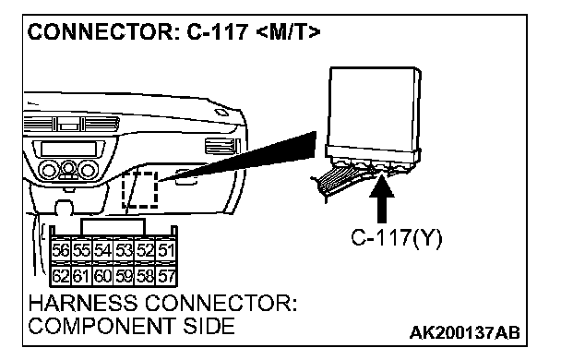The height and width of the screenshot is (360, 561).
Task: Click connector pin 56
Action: pyautogui.click(x=61, y=250)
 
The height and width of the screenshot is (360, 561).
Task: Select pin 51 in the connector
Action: pyautogui.click(x=166, y=250)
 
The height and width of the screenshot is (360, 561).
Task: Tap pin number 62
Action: pyautogui.click(x=61, y=276)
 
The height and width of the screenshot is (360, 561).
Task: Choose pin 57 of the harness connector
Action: pyautogui.click(x=166, y=276)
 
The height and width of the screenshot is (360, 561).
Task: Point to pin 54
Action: pyautogui.click(x=103, y=250)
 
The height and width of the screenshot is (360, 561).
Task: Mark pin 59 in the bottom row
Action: pyautogui.click(x=125, y=276)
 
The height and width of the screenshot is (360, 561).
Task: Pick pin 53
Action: pyautogui.click(x=125, y=250)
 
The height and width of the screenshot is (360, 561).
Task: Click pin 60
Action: pyautogui.click(x=103, y=276)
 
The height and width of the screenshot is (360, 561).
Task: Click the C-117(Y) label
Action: pyautogui.click(x=397, y=237)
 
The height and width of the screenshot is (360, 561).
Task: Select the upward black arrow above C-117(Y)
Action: pyautogui.click(x=382, y=197)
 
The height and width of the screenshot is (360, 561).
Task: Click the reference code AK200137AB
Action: pyautogui.click(x=464, y=332)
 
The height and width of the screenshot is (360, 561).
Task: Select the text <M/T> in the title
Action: pyautogui.click(x=289, y=32)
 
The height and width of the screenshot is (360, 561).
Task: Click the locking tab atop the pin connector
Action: pyautogui.click(x=113, y=226)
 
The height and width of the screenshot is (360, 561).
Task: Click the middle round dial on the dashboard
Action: pyautogui.click(x=68, y=168)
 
